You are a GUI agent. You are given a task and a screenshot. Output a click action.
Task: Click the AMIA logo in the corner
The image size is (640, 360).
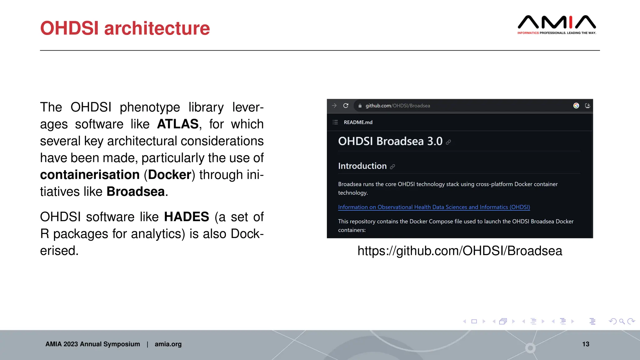557,24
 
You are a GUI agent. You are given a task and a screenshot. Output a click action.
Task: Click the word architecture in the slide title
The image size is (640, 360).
157,28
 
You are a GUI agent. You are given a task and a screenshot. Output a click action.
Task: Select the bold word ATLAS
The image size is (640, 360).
177,124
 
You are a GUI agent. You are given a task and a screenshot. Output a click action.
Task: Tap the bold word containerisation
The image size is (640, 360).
90,175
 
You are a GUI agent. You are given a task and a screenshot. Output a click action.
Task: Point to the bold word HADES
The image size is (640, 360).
186,217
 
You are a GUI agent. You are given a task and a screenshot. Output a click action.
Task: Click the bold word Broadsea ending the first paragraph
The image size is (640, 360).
136,192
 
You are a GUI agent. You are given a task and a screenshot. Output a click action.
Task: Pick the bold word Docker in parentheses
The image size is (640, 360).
169,175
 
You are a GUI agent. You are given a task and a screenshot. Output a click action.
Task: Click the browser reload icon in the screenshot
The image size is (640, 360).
346,106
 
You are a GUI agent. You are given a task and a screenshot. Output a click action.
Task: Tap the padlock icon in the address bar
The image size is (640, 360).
360,106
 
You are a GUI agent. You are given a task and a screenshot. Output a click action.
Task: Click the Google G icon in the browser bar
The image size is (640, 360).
576,106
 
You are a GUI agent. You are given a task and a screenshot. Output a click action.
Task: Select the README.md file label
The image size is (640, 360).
358,122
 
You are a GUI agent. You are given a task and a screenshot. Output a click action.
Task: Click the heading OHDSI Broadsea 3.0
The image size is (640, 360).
390,141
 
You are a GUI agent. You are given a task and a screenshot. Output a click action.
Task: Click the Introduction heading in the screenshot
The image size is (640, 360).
362,166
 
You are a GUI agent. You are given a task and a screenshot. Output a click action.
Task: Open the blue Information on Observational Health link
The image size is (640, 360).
434,207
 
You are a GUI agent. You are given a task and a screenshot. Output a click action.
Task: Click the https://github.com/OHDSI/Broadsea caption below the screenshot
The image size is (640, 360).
460,251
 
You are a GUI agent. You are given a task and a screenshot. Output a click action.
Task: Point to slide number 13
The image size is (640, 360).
586,344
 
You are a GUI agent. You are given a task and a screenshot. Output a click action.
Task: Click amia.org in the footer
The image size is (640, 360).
168,344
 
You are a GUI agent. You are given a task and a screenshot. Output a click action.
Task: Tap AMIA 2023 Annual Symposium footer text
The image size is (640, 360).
92,344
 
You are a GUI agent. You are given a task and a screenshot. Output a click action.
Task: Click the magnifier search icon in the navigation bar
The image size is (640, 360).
622,321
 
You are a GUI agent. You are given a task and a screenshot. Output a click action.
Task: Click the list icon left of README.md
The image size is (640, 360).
335,122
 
